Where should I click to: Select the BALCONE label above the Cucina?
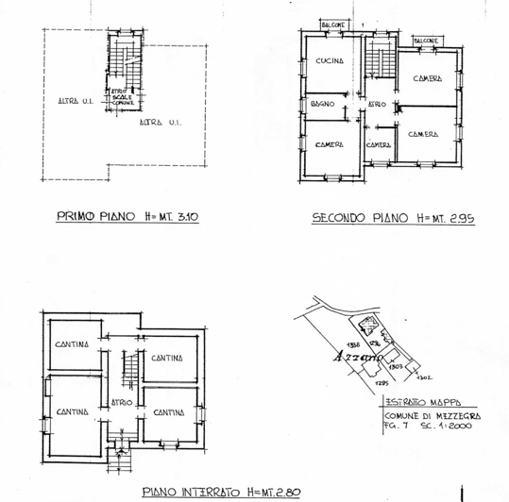click(332, 25)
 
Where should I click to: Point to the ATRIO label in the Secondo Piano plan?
click(376, 104)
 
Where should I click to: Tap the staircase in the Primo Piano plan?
click(121, 62)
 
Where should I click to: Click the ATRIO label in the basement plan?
click(120, 402)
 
